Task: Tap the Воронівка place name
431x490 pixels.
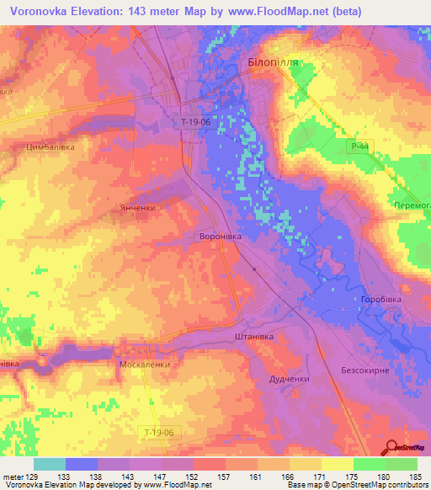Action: coord(220,237)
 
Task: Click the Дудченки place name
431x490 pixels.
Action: coord(289,380)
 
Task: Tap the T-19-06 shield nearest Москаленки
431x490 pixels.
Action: coord(158,432)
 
